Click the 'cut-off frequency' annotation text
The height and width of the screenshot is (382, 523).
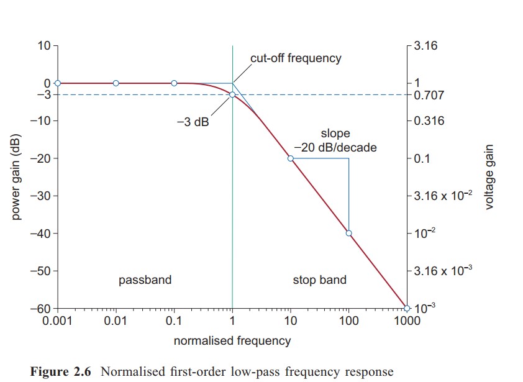296,58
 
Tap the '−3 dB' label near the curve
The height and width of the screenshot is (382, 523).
193,122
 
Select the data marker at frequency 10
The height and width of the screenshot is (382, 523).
290,158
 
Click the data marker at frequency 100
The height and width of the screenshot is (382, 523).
348,234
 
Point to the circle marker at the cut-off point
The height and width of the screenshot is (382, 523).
232,94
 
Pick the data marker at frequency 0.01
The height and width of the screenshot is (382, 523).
116,83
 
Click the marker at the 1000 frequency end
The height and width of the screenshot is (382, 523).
407,308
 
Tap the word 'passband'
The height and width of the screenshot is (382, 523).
145,280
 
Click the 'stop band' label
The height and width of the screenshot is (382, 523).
319,280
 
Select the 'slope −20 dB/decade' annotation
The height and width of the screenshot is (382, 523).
335,141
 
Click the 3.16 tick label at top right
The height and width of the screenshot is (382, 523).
425,46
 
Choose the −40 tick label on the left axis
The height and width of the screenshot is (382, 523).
41,234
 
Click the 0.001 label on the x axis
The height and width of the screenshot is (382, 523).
57,321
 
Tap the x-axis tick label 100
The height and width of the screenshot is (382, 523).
348,321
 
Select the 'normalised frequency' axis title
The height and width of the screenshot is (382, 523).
232,340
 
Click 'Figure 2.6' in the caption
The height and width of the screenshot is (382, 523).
60,372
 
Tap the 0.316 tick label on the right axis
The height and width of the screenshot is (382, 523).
429,121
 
